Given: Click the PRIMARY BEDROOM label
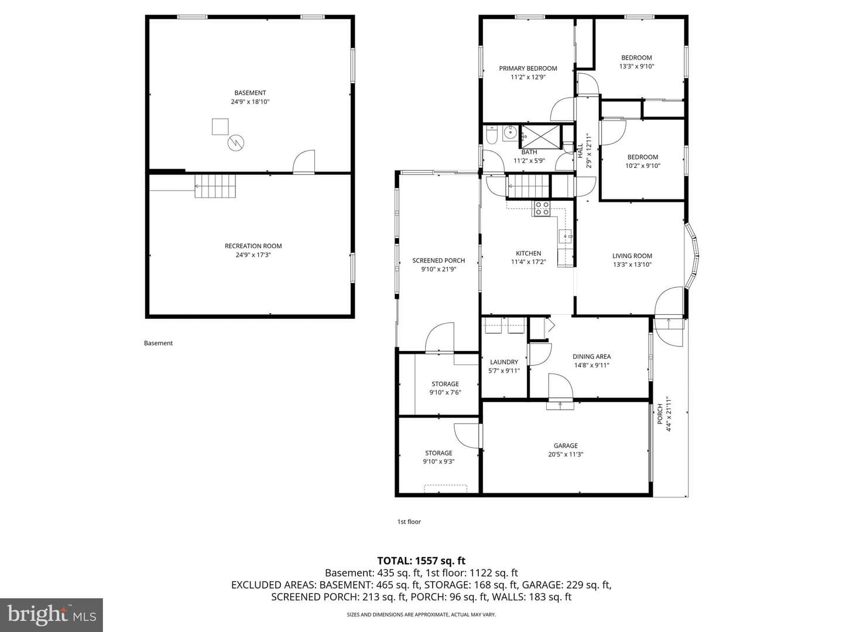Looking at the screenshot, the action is pos(527,68).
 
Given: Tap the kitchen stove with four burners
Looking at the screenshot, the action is pos(541,208).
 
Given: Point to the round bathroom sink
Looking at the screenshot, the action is pos(510,133).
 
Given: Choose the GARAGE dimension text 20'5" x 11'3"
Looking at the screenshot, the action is pos(566,454).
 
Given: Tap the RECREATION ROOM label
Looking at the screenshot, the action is pos(253,246).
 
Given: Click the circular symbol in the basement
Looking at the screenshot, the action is pos(236,143).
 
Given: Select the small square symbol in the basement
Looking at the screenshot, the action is pos(220,126).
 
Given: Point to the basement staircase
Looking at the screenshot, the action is pos(215,186).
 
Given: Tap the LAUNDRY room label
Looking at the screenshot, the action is pos(504,362).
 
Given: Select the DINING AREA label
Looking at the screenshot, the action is pos(591,356).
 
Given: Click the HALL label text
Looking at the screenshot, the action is pos(580,150).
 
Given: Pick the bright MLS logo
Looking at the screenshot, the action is pos(52,614).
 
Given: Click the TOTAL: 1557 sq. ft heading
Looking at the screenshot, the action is pos(421,561).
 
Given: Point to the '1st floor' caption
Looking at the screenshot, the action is pos(409,521).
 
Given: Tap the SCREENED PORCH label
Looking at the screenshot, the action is pos(438,260).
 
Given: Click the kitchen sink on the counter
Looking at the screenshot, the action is pos(566,235).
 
